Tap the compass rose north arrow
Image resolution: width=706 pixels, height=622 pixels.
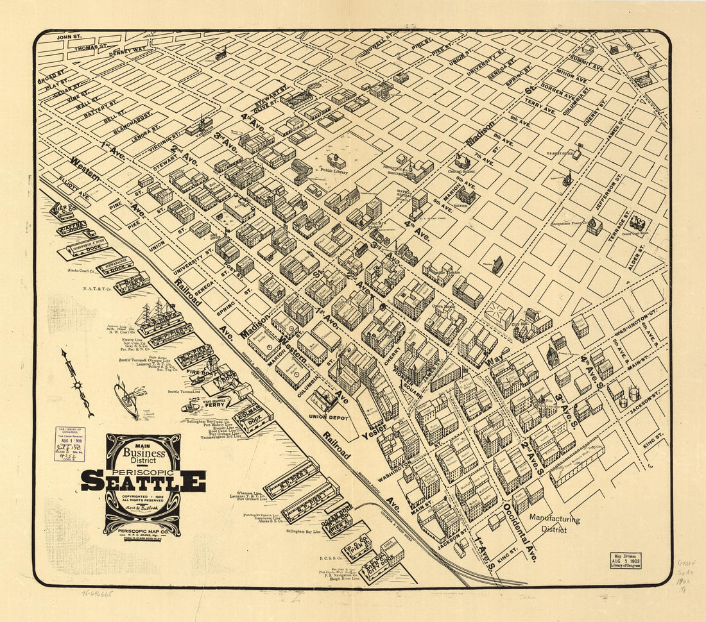[x=78, y=383]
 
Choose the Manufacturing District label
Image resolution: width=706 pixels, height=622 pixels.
[x=555, y=524]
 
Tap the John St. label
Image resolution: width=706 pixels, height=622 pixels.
[x=70, y=37]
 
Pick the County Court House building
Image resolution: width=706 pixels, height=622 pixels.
[x=639, y=223]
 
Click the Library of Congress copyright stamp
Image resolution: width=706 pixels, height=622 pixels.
[x=69, y=444]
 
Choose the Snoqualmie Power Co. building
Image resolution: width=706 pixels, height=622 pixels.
[x=594, y=226]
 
